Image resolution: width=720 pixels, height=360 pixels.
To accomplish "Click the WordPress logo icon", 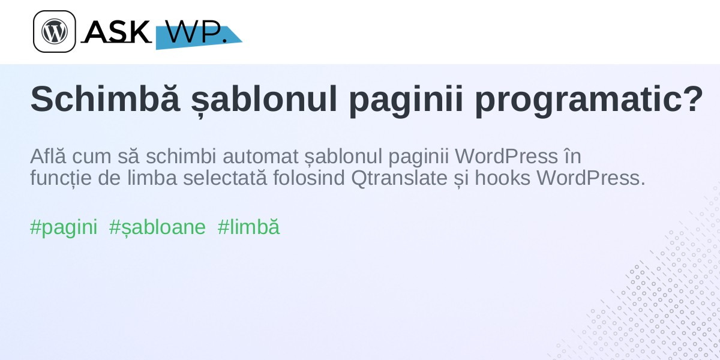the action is tap(55, 31).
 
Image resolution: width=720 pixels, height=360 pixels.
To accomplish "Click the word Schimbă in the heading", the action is tap(105, 99).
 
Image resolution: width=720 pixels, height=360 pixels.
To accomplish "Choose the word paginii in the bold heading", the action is tap(406, 101).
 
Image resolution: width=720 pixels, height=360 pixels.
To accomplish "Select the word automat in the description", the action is tap(260, 157).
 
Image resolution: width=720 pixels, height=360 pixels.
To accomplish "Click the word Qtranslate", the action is tap(399, 178).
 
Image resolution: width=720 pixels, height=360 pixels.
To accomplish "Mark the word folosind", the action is tap(309, 178).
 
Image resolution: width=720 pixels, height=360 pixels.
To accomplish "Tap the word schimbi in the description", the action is tap(181, 156).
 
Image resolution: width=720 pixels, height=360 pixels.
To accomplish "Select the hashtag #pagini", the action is tap(64, 227).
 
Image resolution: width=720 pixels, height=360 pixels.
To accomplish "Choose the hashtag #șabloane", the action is tap(157, 227).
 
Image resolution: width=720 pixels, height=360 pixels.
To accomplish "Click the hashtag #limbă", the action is tap(248, 227).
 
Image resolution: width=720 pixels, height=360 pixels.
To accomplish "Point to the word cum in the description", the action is tap(92, 157).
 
